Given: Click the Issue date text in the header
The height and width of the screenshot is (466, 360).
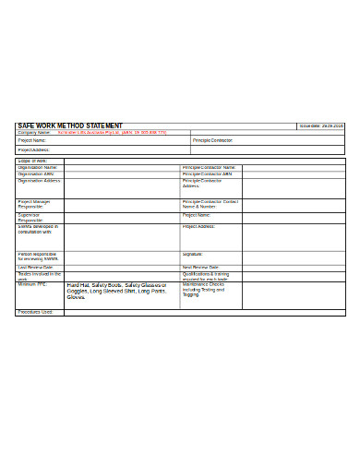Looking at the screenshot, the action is [x=321, y=125].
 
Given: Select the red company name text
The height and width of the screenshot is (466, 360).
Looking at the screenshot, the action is [x=112, y=132].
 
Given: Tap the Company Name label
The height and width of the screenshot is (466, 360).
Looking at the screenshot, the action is [x=33, y=132].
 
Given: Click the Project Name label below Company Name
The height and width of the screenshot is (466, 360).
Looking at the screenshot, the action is [x=32, y=140].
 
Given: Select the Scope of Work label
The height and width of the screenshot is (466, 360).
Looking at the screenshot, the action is [x=32, y=160].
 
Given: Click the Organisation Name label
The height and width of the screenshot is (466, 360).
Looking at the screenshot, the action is [x=37, y=167].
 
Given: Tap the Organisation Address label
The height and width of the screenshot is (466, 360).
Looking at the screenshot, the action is [x=39, y=181].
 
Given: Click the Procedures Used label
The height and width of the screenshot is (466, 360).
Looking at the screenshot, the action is [x=35, y=312].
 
